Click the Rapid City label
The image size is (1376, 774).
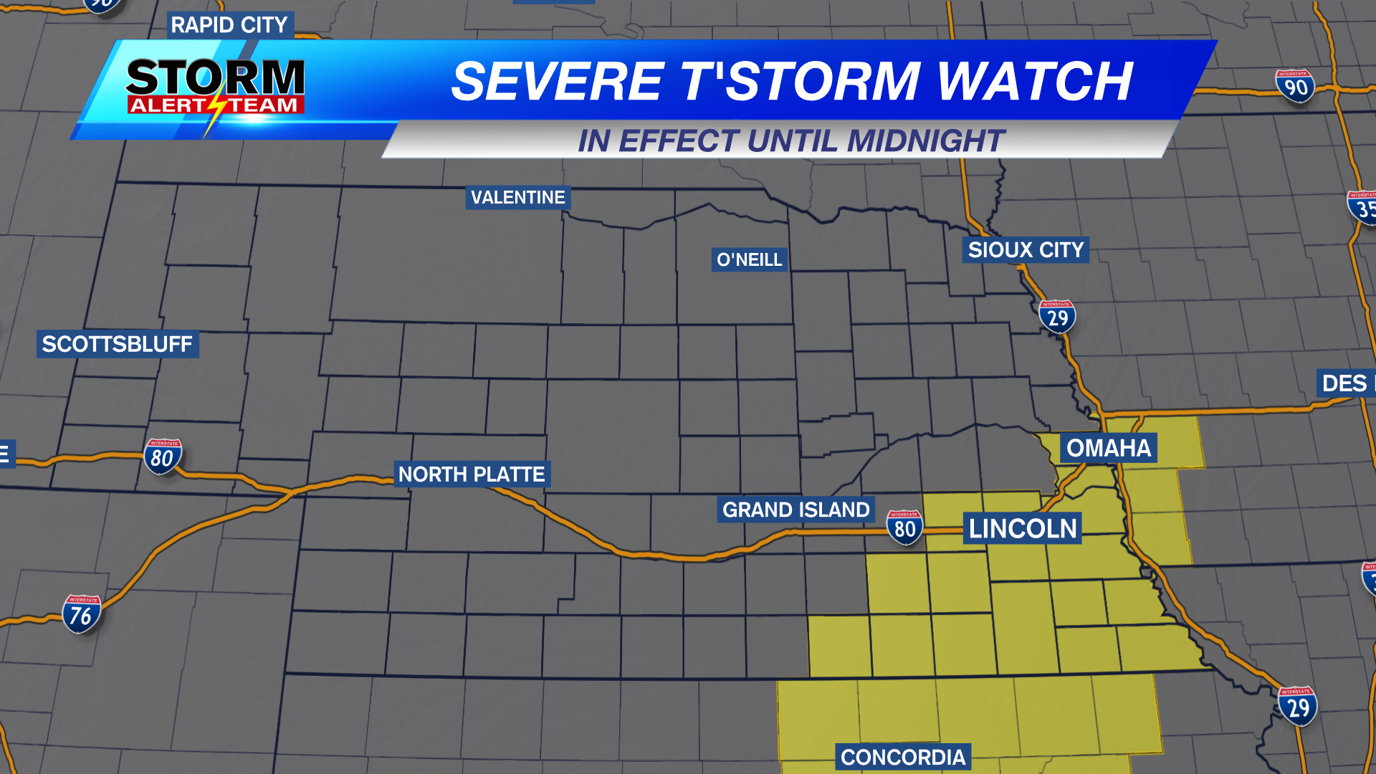tap(229, 25)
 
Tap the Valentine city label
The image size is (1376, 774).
tap(517, 198)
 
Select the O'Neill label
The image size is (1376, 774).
tap(749, 259)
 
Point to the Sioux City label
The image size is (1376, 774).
tap(1025, 250)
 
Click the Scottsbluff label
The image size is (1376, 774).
tap(117, 344)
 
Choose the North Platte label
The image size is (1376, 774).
tap(472, 474)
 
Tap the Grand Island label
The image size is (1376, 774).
tap(795, 510)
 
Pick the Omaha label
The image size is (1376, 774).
tap(1108, 448)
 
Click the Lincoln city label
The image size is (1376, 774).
tap(1023, 529)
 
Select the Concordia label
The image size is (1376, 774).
tap(903, 758)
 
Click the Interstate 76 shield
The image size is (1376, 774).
tap(81, 614)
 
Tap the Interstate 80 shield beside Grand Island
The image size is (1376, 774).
tap(904, 527)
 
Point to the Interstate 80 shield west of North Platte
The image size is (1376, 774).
tap(162, 457)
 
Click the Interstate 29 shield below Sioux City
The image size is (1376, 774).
tap(1057, 317)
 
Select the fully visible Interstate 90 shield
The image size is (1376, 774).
tap(1295, 87)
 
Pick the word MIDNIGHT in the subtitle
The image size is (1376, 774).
tap(925, 141)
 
